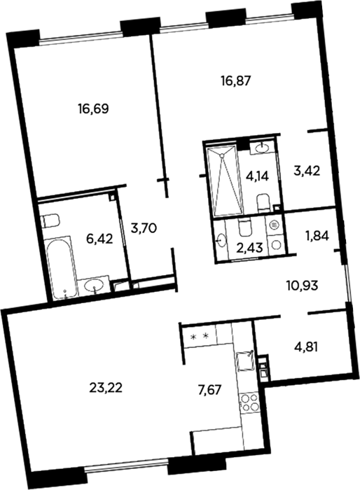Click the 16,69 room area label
(93, 109)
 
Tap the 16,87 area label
(236, 81)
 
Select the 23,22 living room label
(106, 388)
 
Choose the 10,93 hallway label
(303, 286)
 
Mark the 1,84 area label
(317, 237)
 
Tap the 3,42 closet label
(307, 171)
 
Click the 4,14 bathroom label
(258, 177)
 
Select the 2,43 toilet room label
(249, 249)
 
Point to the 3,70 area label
(144, 229)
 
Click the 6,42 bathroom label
(99, 240)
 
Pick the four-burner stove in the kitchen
(249, 402)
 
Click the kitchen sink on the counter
(245, 361)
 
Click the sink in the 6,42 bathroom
(94, 285)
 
